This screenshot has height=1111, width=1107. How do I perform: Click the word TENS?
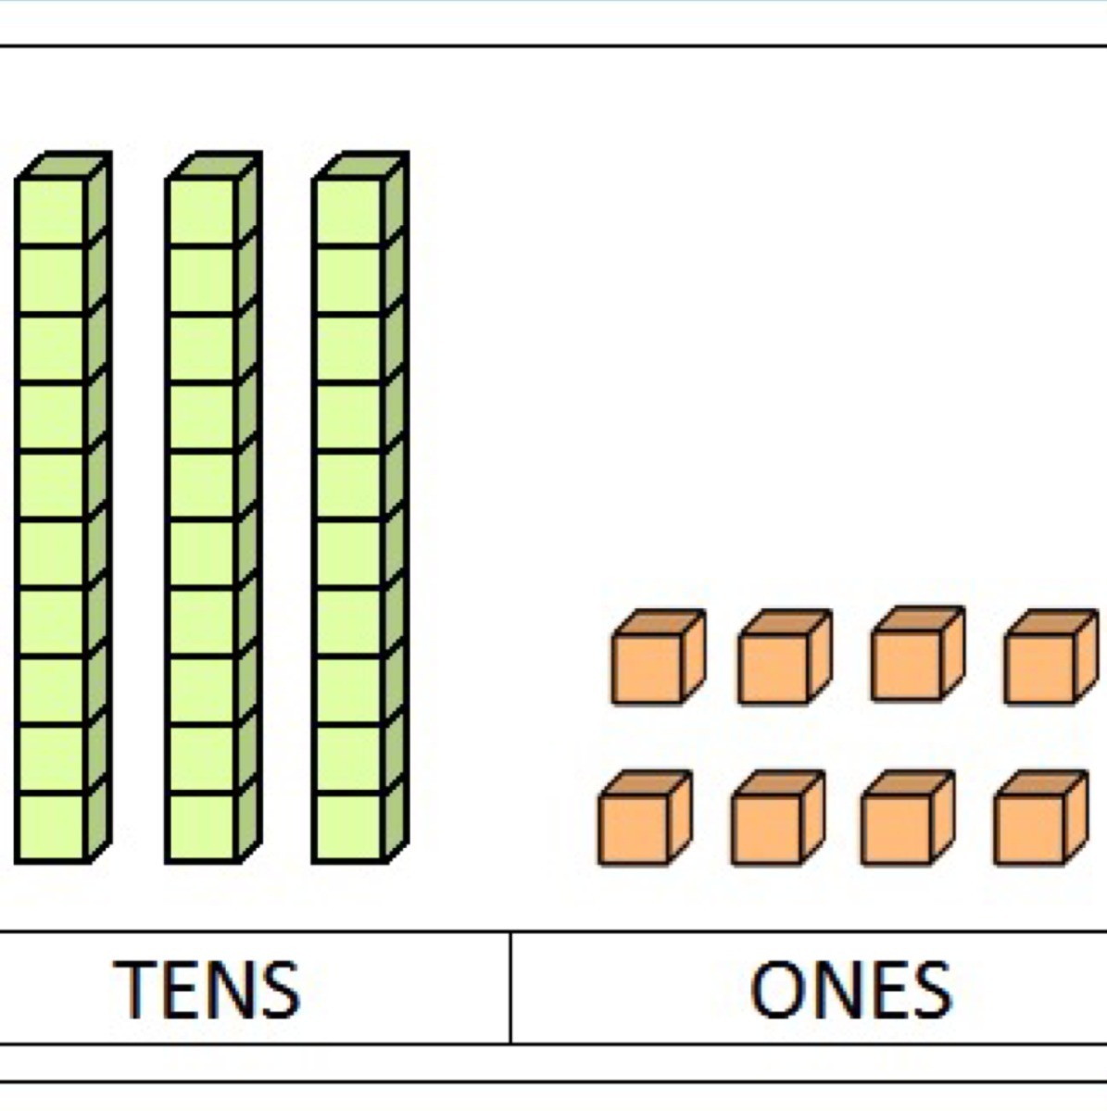coord(208,989)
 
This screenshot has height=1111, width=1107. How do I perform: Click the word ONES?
coord(850,989)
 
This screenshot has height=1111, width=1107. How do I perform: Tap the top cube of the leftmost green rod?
coord(52,212)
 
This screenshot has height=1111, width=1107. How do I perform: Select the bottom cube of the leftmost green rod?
coord(52,827)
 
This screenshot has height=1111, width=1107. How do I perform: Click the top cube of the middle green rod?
coord(202,212)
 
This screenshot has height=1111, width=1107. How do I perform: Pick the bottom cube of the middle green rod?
coord(202,827)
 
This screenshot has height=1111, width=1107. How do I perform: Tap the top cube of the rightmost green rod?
coord(348,212)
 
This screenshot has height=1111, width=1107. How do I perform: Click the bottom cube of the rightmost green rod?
coord(348,827)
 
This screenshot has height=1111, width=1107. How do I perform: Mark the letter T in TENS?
coord(136,989)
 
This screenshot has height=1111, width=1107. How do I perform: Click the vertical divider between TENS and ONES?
coord(510,987)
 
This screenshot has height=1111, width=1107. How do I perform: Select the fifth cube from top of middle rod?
coord(202,485)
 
